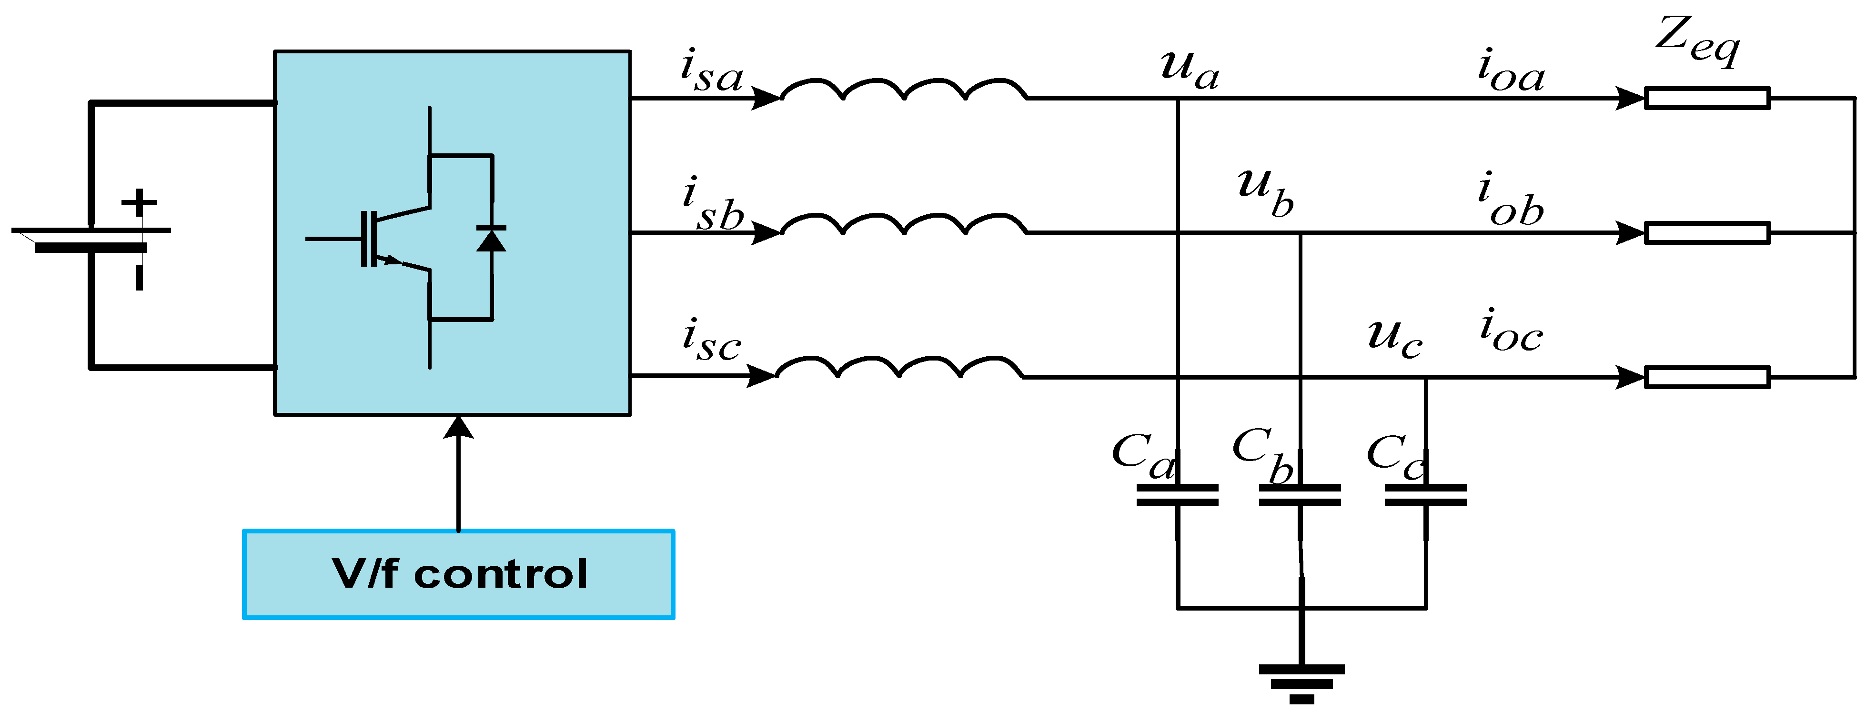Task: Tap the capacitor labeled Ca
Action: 1177,495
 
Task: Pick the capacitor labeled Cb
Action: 1300,495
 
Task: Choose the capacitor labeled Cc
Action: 1425,495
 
